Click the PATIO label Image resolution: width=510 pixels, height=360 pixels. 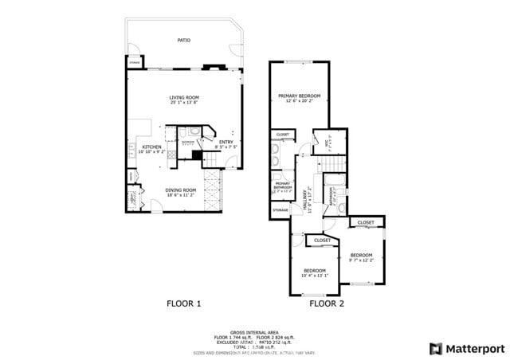[x=183, y=40]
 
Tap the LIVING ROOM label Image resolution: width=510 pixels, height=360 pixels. [x=183, y=97]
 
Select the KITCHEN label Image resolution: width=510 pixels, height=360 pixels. [x=151, y=147]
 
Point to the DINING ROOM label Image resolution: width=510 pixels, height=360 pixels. [x=181, y=190]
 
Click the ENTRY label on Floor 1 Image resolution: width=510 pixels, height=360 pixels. [x=226, y=143]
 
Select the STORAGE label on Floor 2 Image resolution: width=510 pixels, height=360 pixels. [x=280, y=210]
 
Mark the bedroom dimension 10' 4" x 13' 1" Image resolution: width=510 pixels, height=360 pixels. [x=316, y=275]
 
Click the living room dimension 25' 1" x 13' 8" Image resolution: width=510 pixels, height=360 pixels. [x=183, y=103]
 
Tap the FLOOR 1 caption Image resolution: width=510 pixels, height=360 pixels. [x=183, y=303]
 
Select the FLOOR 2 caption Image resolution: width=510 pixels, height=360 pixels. [x=327, y=303]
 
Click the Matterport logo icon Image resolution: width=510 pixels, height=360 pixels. [x=434, y=348]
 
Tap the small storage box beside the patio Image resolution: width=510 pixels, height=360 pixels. [x=134, y=62]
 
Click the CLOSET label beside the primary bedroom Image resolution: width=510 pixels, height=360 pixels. [x=283, y=135]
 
